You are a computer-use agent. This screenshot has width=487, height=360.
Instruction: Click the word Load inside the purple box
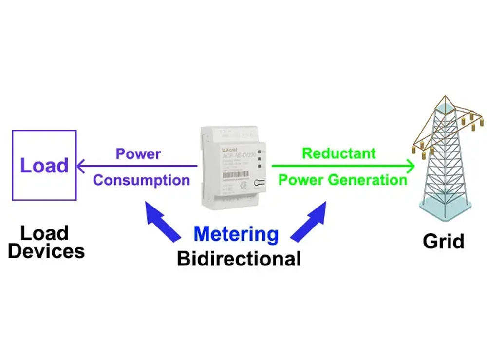[x=44, y=166]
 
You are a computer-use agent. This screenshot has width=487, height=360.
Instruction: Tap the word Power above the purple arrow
[x=138, y=154]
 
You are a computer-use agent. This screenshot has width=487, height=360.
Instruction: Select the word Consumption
[x=141, y=180]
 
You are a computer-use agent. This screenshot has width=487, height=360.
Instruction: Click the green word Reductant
[x=339, y=153]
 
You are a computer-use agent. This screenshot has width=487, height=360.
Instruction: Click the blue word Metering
[x=236, y=234]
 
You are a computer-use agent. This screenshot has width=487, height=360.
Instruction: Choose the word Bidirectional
[x=239, y=259]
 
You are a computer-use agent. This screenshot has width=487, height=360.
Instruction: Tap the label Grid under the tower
[x=443, y=241]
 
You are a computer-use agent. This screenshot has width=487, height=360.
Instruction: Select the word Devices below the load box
[x=47, y=251]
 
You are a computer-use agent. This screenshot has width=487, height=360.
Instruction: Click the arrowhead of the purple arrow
[x=81, y=166]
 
